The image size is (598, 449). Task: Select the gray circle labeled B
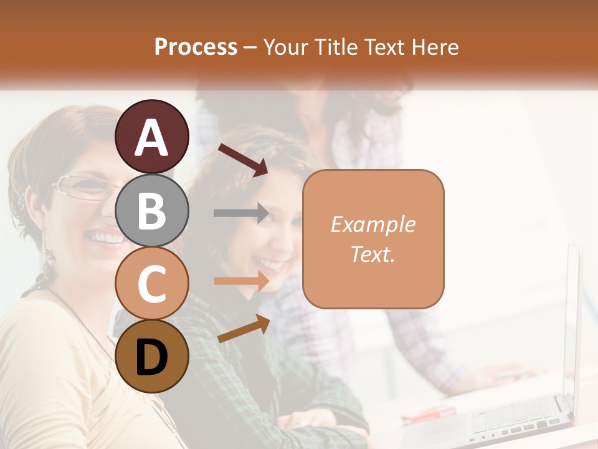click(x=151, y=210)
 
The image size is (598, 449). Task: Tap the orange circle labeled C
click(x=151, y=283)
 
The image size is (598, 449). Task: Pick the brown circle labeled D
click(x=151, y=356)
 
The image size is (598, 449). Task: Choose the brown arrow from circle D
click(x=244, y=329)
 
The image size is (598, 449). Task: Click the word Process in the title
click(x=196, y=47)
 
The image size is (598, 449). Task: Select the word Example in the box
click(x=373, y=224)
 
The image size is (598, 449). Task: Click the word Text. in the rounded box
click(x=373, y=254)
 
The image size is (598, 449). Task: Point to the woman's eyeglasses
click(x=84, y=187)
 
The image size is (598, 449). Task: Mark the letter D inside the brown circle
click(x=151, y=357)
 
